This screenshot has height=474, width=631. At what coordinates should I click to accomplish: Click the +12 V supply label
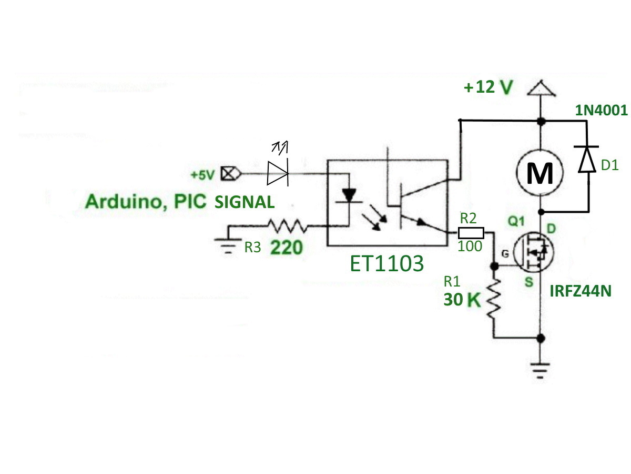[x=488, y=87]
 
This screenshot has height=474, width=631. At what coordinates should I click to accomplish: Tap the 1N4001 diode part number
[x=601, y=110]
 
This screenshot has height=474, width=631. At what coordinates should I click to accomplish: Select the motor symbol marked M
[x=540, y=173]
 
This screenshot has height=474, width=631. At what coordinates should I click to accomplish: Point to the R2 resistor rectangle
[x=471, y=233]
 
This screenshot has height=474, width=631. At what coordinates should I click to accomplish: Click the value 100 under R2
[x=470, y=246]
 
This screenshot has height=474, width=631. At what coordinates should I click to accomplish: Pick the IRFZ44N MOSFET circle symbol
[x=534, y=252]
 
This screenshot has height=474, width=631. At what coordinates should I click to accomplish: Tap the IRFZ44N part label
[x=581, y=291]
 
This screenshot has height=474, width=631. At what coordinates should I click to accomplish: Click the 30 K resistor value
[x=462, y=300]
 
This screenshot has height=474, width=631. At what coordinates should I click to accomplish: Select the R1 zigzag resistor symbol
[x=494, y=299]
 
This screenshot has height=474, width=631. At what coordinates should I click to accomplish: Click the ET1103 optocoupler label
[x=386, y=263]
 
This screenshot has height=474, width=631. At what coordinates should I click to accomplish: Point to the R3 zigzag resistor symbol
[x=288, y=226]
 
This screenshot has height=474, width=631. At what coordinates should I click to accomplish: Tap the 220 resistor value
[x=287, y=248]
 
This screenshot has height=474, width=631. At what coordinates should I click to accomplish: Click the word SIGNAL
[x=245, y=202]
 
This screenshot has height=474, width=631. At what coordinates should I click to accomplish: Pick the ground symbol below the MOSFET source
[x=540, y=371]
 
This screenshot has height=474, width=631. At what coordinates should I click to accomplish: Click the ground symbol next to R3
[x=228, y=246]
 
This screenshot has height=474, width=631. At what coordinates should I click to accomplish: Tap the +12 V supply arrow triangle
[x=541, y=88]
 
